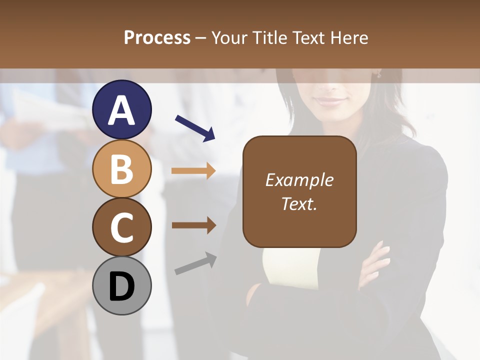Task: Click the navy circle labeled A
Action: click(x=122, y=109)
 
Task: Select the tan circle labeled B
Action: click(x=122, y=168)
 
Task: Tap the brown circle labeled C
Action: click(x=122, y=227)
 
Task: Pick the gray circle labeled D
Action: click(x=122, y=285)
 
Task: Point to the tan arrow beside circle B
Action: click(x=193, y=171)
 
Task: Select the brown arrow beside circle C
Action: click(x=193, y=225)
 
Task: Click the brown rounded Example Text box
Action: click(x=299, y=191)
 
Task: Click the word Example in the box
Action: click(x=299, y=180)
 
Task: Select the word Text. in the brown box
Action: click(x=299, y=203)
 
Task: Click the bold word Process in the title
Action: click(x=157, y=37)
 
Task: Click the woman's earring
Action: click(x=379, y=74)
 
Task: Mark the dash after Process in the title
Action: click(x=201, y=38)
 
